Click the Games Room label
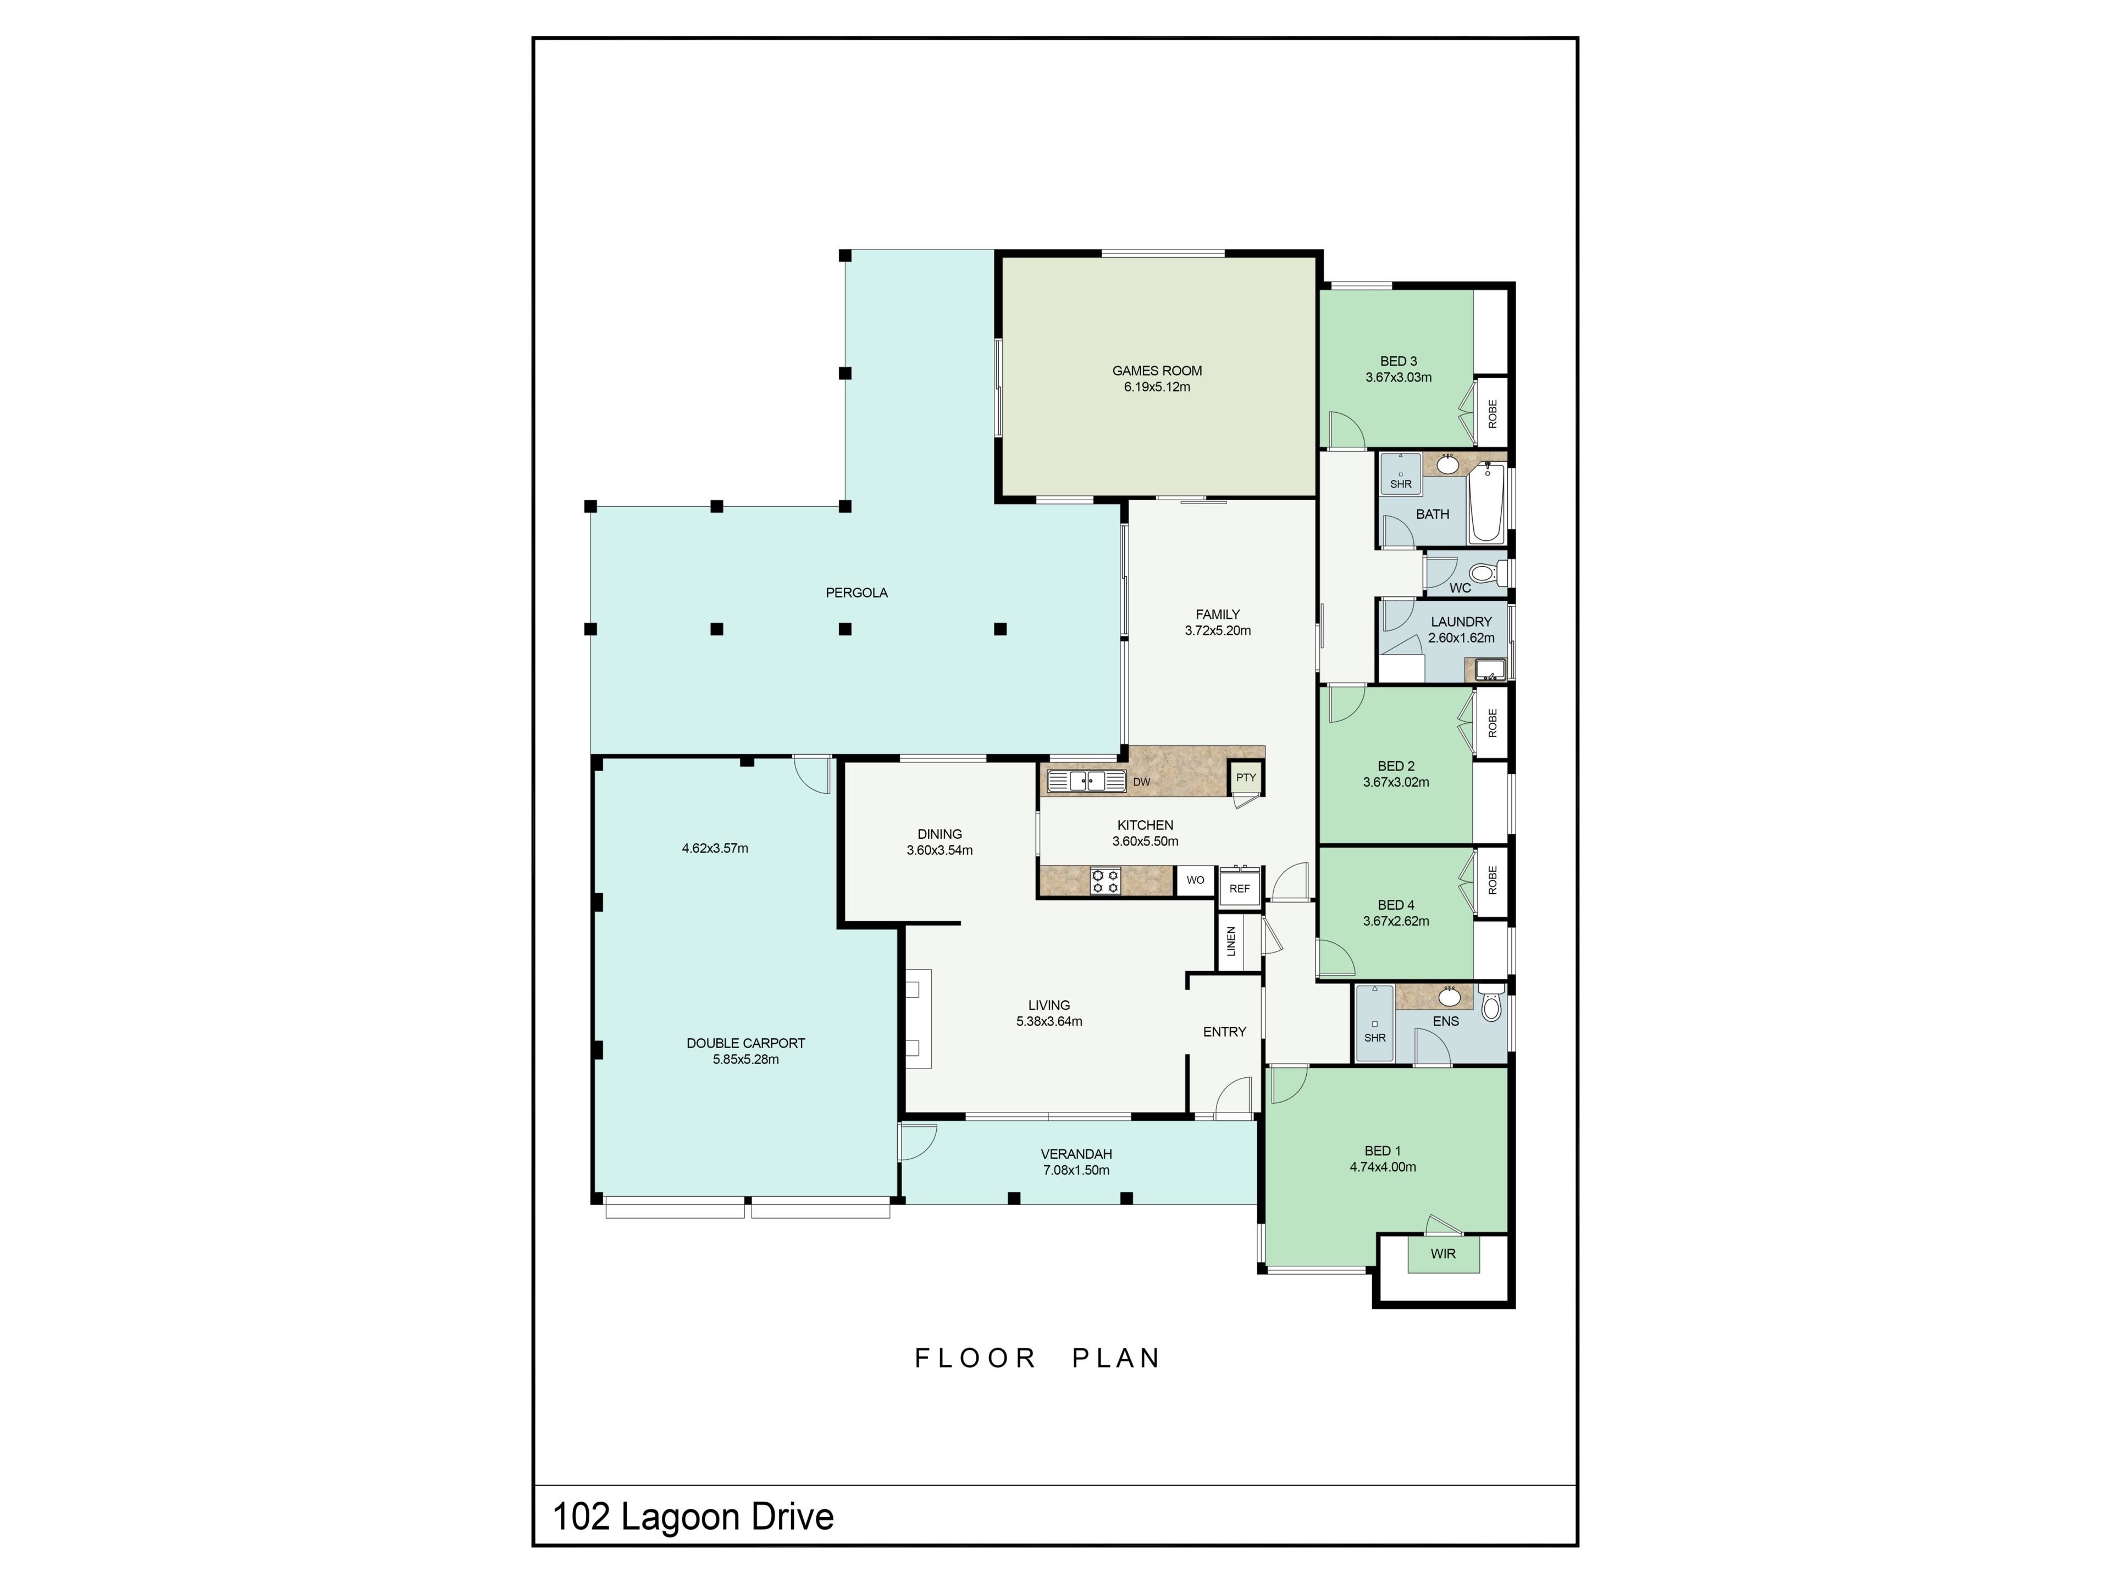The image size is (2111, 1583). click(1157, 371)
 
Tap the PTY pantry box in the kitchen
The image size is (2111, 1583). click(1245, 778)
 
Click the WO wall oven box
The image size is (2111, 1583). click(1195, 881)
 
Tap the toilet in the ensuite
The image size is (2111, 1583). click(1491, 1005)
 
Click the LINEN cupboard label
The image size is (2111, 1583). click(1231, 941)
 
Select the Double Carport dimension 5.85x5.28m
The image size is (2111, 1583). click(745, 1059)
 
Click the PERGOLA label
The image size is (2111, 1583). click(857, 593)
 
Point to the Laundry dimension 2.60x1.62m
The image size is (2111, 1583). click(1461, 638)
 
